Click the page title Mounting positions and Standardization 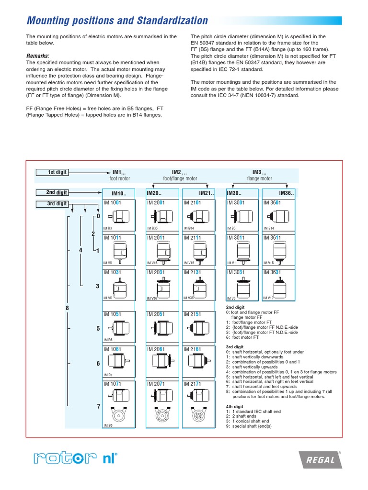point(117,21)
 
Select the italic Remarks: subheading point(38,56)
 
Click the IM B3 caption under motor point(108,229)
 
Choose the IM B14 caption point(269,229)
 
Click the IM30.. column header point(234,193)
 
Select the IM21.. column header point(206,193)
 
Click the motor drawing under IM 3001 point(242,216)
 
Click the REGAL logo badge point(320,460)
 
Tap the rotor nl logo point(76,459)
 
